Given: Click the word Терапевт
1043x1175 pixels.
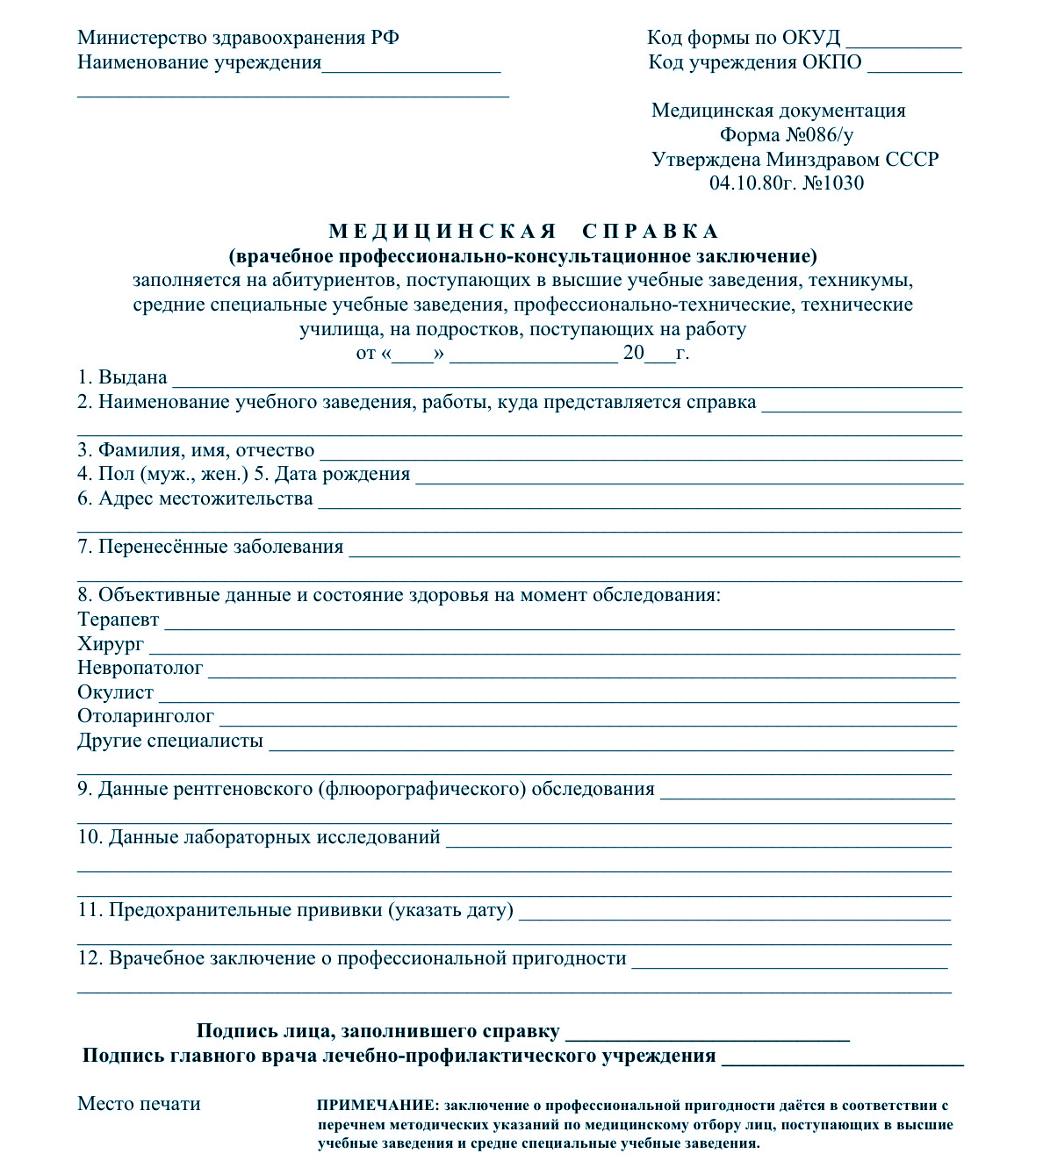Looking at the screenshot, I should [119, 620].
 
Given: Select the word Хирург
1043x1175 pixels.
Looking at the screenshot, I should [111, 644].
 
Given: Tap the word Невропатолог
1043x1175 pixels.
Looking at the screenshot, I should [140, 668].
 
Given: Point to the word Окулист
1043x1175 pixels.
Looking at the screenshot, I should [116, 692].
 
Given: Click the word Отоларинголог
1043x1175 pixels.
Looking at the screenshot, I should [146, 716].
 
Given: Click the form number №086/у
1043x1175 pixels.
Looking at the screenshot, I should [819, 135].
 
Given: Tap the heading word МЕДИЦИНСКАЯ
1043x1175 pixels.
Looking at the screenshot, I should [443, 232].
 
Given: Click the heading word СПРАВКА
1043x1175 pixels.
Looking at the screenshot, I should [651, 232].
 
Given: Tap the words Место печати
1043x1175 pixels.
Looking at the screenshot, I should [139, 1104].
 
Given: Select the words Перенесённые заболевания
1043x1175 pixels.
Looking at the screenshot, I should [220, 547].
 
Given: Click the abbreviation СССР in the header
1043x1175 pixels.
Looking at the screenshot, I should [912, 160].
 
